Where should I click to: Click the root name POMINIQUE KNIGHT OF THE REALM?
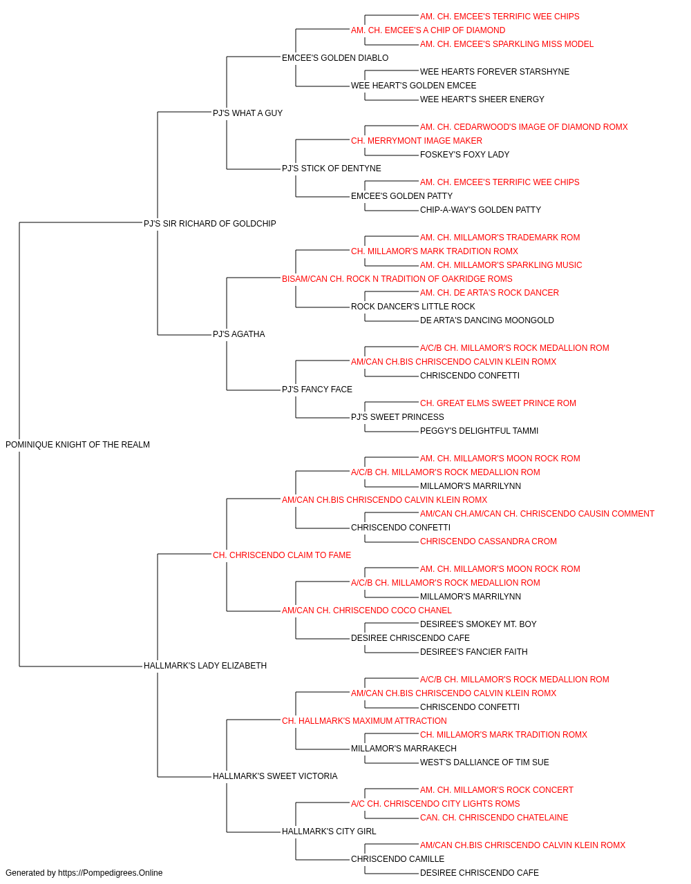pyautogui.click(x=77, y=445)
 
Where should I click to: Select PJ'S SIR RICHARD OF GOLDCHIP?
pyautogui.click(x=209, y=223)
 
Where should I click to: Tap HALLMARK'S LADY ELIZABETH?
pyautogui.click(x=205, y=666)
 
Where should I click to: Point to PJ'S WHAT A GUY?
pyautogui.click(x=247, y=113)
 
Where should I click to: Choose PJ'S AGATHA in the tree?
pyautogui.click(x=238, y=334)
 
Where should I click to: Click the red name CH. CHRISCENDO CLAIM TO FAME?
pyautogui.click(x=282, y=555)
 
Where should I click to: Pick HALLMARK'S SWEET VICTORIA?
pyautogui.click(x=275, y=776)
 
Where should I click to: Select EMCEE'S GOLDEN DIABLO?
pyautogui.click(x=335, y=58)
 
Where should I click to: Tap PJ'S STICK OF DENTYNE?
pyautogui.click(x=331, y=169)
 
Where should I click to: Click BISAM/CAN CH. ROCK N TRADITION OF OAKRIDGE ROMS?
pyautogui.click(x=397, y=278)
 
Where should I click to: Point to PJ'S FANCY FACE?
pyautogui.click(x=317, y=390)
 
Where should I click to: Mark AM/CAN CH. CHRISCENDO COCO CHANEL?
pyautogui.click(x=367, y=611)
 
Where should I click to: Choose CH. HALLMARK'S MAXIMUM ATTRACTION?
pyautogui.click(x=364, y=721)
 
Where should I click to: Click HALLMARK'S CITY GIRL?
pyautogui.click(x=329, y=831)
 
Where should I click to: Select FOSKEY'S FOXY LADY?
pyautogui.click(x=464, y=155)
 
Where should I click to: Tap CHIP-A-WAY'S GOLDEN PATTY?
pyautogui.click(x=480, y=210)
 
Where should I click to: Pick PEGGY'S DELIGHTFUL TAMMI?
pyautogui.click(x=479, y=431)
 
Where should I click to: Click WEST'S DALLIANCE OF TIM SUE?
pyautogui.click(x=484, y=762)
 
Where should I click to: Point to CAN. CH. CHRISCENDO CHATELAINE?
pyautogui.click(x=494, y=817)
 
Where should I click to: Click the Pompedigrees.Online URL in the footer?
pyautogui.click(x=111, y=873)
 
